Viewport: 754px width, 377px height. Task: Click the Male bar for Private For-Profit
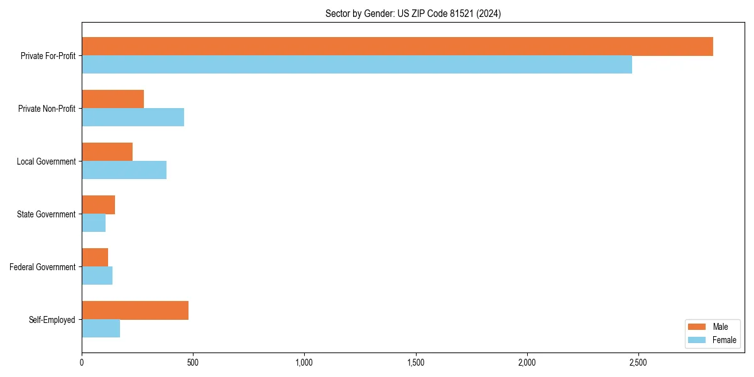tap(397, 46)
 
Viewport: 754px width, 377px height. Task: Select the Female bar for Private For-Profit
tap(357, 65)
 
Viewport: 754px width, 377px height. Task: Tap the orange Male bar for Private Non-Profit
tap(113, 99)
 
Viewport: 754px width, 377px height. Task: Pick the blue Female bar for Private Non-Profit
tap(133, 117)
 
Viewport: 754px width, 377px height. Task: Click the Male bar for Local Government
tap(107, 152)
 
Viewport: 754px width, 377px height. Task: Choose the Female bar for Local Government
tap(124, 170)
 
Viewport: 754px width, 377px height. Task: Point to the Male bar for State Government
tap(99, 205)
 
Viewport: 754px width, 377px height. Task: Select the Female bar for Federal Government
tap(97, 276)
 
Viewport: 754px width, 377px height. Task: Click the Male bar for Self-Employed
tap(135, 310)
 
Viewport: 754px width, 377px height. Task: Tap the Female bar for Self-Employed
tap(101, 329)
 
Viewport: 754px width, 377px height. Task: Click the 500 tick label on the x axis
tap(193, 363)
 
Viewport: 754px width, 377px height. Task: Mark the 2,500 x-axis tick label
tap(638, 363)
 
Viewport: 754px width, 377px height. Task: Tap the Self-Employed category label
tap(52, 320)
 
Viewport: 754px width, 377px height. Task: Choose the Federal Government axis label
tap(43, 267)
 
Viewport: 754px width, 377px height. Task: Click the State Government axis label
tap(46, 214)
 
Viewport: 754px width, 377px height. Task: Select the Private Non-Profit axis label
tap(47, 109)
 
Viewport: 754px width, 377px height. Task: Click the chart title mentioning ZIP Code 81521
tap(413, 13)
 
